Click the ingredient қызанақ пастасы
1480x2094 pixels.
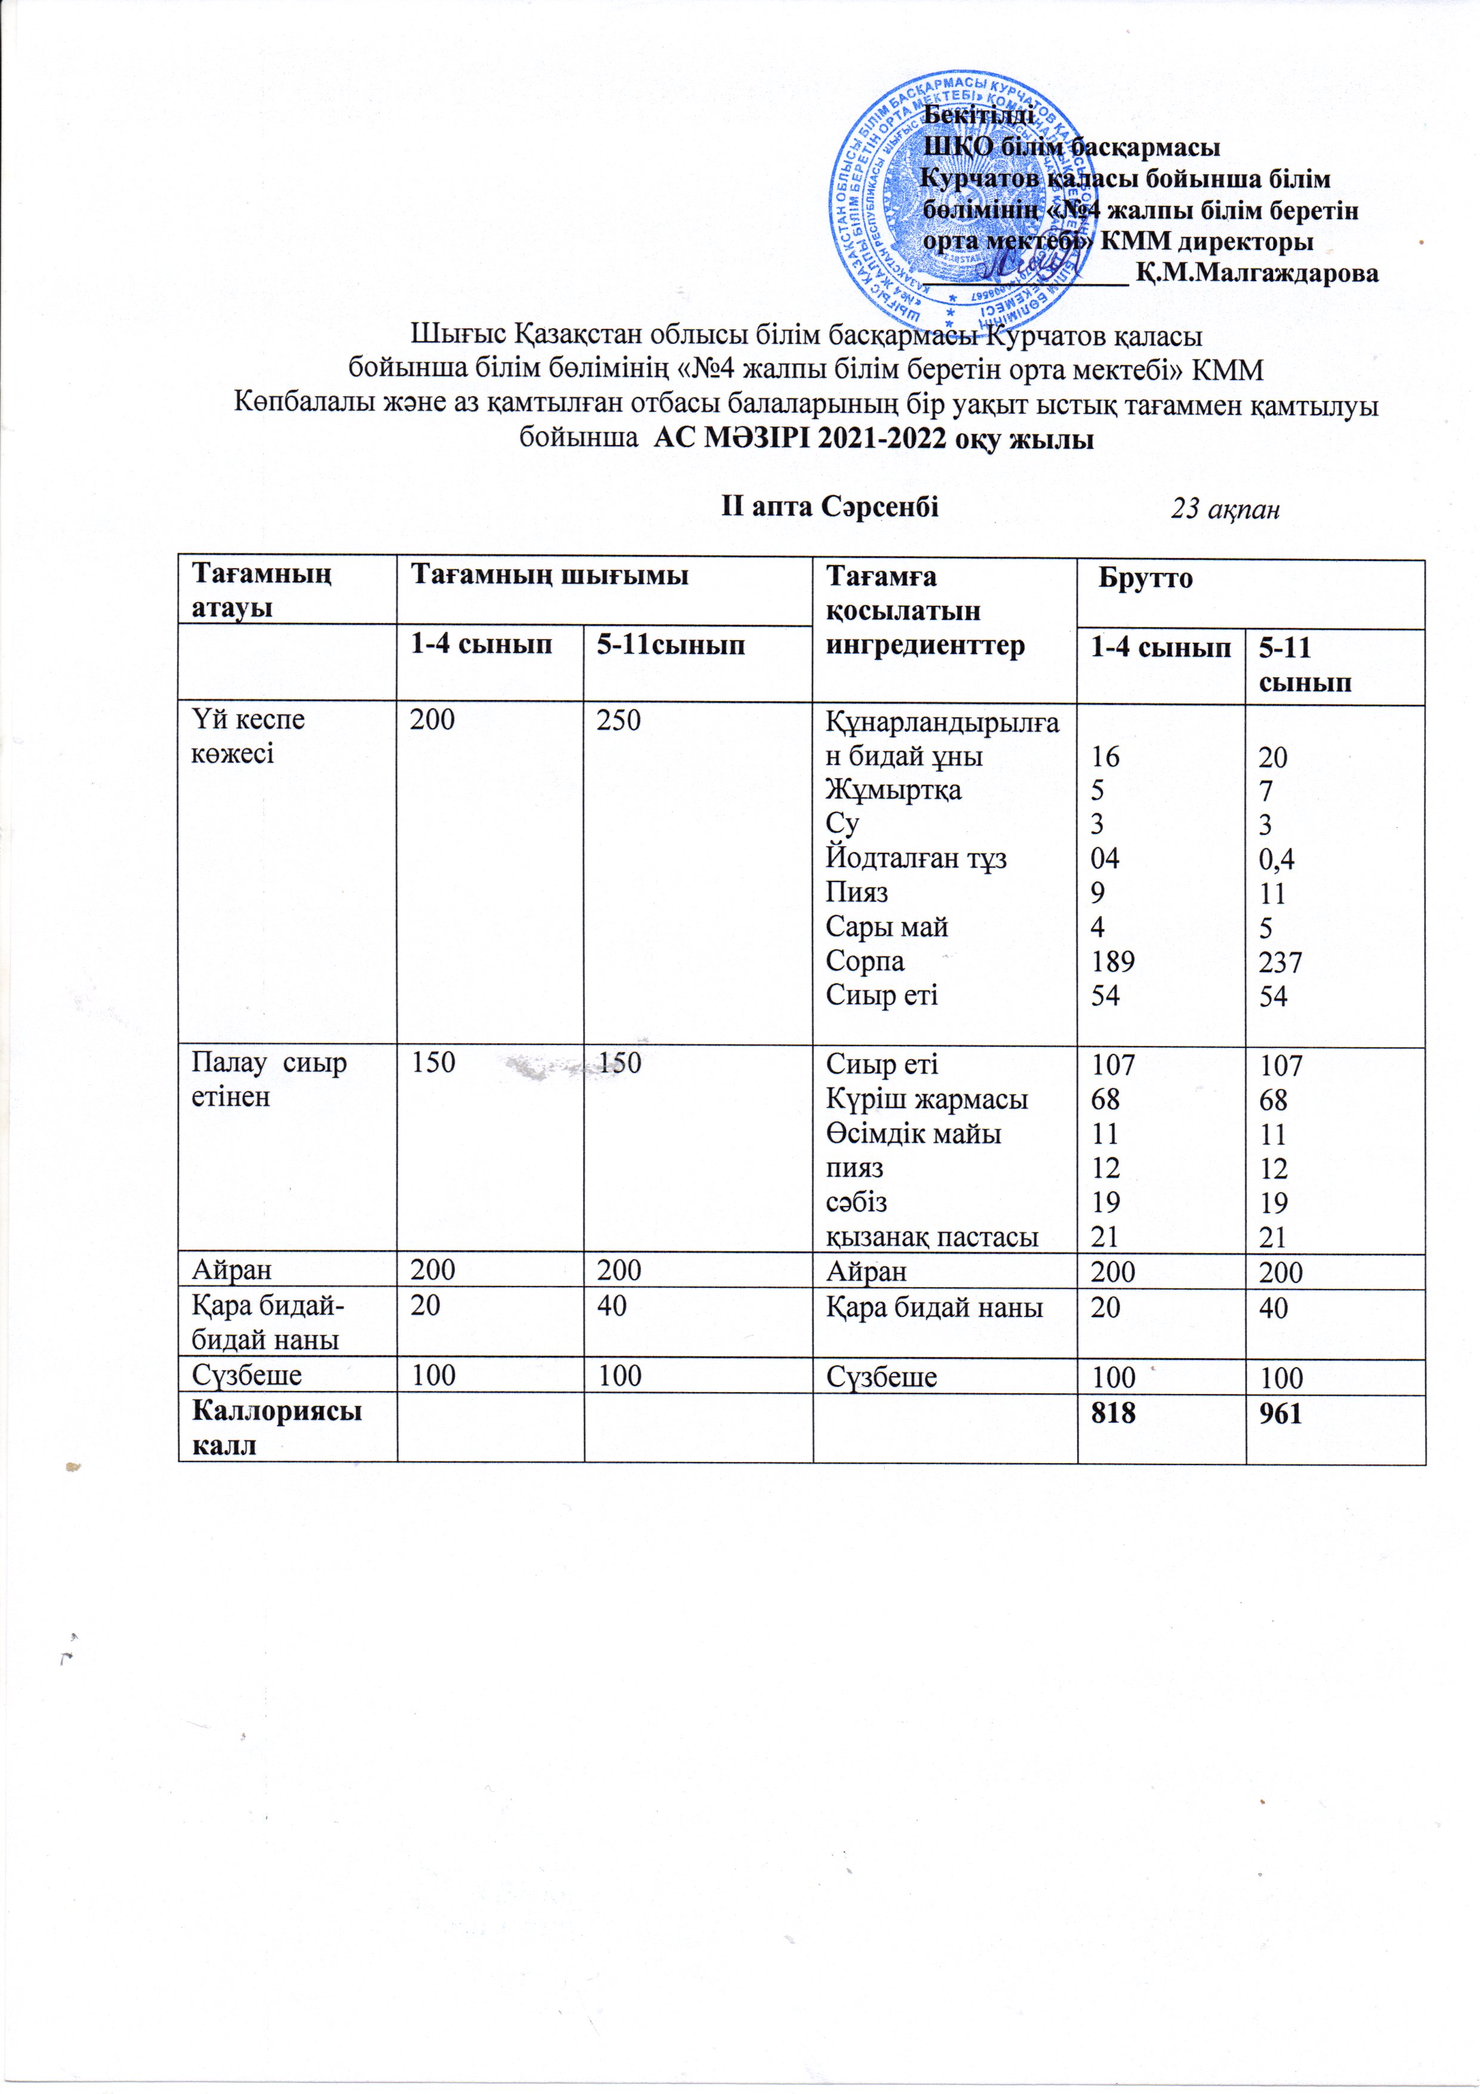coord(931,1238)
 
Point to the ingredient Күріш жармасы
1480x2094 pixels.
coord(926,1100)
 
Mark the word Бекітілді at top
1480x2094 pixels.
coord(978,115)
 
